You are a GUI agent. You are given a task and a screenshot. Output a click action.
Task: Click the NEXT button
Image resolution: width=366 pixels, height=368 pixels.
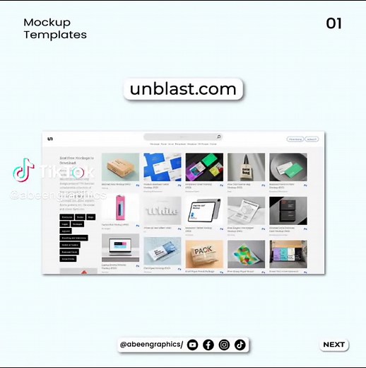click(x=334, y=345)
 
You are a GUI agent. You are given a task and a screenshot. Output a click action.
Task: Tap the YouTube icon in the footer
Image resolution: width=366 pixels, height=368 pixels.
click(x=193, y=345)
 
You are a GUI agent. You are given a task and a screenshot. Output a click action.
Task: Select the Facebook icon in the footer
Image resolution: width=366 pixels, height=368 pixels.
click(x=208, y=345)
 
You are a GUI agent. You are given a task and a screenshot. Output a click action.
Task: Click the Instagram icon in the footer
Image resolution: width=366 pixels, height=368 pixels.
click(x=224, y=345)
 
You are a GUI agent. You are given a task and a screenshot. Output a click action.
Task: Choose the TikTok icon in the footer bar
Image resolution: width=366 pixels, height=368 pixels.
click(x=240, y=345)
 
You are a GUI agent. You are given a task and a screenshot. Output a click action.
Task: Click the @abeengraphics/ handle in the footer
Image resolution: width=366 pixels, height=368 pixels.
click(x=151, y=345)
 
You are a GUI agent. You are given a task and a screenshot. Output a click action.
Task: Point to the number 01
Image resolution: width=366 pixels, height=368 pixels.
click(x=333, y=23)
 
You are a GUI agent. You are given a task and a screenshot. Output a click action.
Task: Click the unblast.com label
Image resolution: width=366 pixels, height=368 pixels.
click(x=183, y=89)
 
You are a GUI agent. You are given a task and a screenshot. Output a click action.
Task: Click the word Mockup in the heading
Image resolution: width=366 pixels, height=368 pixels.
click(x=47, y=22)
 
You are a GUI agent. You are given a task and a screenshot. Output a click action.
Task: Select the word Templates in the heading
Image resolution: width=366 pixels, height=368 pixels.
click(x=55, y=34)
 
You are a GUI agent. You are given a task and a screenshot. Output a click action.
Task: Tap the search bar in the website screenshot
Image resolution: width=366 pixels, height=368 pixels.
click(x=183, y=137)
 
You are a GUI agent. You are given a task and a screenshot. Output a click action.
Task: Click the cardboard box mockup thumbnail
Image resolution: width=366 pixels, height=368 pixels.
click(x=120, y=168)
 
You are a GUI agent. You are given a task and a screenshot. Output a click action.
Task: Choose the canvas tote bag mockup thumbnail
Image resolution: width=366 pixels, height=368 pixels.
click(x=246, y=168)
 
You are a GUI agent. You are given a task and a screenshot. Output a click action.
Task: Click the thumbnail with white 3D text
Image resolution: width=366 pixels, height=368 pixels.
click(x=162, y=210)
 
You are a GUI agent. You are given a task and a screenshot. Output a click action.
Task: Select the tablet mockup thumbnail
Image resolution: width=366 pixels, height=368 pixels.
click(x=203, y=210)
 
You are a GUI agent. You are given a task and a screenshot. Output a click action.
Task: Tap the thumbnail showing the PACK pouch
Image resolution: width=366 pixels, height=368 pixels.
click(x=203, y=253)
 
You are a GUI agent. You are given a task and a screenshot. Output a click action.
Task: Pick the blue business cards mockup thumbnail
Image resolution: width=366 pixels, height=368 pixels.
click(x=162, y=168)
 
